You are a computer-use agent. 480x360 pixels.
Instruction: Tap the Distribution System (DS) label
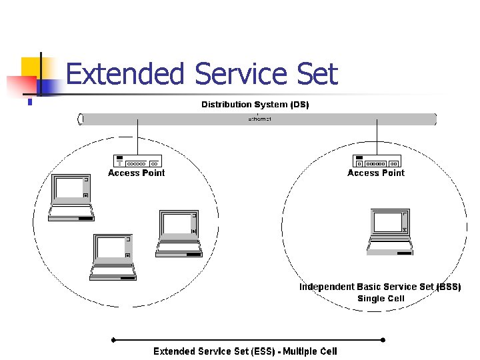click(255, 105)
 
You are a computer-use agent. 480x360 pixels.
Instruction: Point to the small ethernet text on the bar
click(259, 119)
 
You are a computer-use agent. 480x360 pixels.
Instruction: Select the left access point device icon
click(137, 161)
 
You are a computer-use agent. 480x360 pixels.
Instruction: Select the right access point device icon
click(377, 161)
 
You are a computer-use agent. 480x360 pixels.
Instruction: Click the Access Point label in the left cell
click(137, 173)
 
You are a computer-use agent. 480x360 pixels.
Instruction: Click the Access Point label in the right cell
click(376, 173)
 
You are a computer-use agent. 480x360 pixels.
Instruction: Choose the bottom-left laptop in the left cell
click(113, 257)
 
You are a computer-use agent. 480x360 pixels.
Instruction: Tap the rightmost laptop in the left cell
click(179, 233)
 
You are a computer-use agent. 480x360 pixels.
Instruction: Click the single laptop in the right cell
click(390, 231)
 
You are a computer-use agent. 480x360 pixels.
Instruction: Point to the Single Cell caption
click(381, 299)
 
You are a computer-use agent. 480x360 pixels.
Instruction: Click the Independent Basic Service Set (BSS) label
click(380, 287)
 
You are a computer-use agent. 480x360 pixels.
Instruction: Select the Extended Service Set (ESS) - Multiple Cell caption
click(245, 351)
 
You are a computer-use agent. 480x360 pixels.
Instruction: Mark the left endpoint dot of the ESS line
click(113, 339)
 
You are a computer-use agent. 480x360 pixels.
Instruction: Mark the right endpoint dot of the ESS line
click(383, 339)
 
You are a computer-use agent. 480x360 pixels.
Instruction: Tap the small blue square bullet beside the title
click(30, 102)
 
